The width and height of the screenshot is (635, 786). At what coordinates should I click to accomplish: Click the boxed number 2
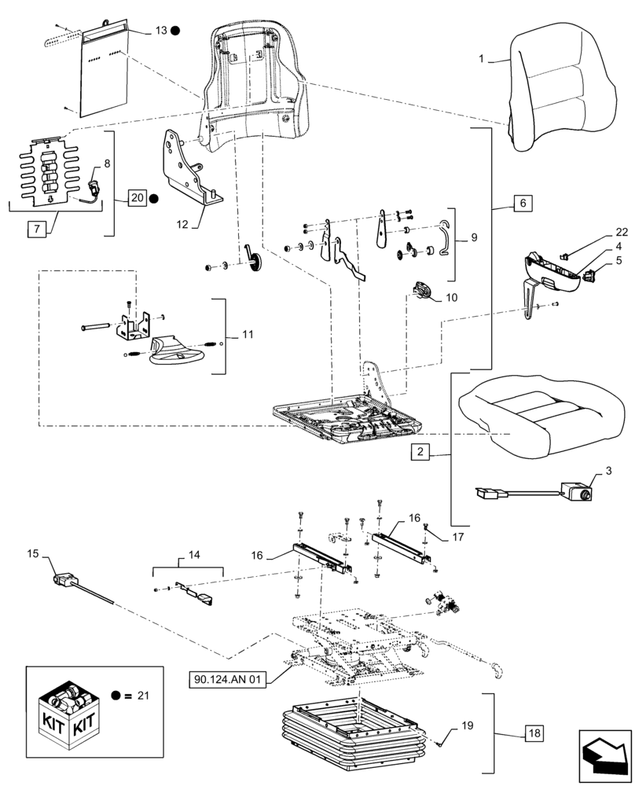tap(421, 453)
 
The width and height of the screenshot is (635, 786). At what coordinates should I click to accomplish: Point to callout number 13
tap(160, 31)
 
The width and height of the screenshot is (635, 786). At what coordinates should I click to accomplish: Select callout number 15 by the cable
tap(32, 555)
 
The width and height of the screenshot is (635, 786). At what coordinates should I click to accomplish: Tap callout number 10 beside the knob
tap(450, 298)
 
